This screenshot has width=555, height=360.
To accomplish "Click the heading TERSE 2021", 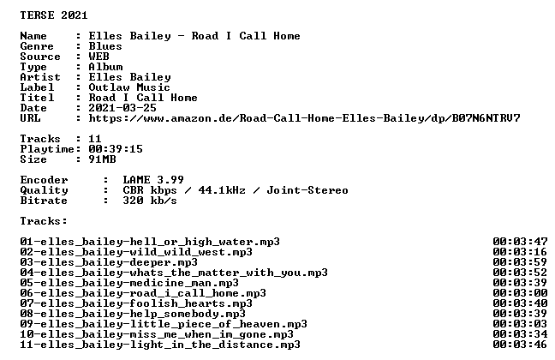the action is point(54,15).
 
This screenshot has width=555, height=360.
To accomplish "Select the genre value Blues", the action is point(105,46).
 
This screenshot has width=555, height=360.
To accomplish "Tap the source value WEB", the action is point(98,57).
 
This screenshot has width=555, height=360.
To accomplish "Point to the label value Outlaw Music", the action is point(129,87).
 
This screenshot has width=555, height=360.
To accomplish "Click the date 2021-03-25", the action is point(122,108).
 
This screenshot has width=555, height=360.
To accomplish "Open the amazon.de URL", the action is point(304,118).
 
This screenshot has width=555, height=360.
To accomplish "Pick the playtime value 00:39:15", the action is point(116,149).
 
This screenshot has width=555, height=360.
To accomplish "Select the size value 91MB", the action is point(102,159).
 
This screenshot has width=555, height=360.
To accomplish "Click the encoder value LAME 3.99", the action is point(153,180).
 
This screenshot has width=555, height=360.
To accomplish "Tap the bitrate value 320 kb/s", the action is point(150,201).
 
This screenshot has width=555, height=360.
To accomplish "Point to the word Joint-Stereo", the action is point(307,190).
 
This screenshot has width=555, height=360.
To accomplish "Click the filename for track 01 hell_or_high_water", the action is point(150,242).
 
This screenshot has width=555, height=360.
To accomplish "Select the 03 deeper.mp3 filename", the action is point(109,262).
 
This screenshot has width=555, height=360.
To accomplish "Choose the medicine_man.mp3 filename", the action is point(129,283).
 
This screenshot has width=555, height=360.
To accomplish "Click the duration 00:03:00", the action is point(520,293).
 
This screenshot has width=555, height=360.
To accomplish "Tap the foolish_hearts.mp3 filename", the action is point(136,303).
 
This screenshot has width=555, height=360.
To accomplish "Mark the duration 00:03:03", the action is point(520,324).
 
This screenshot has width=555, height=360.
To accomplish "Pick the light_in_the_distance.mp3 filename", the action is point(160,345).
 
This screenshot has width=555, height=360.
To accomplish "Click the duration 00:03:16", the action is point(520,252).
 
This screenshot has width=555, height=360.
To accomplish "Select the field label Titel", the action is point(37,98).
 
